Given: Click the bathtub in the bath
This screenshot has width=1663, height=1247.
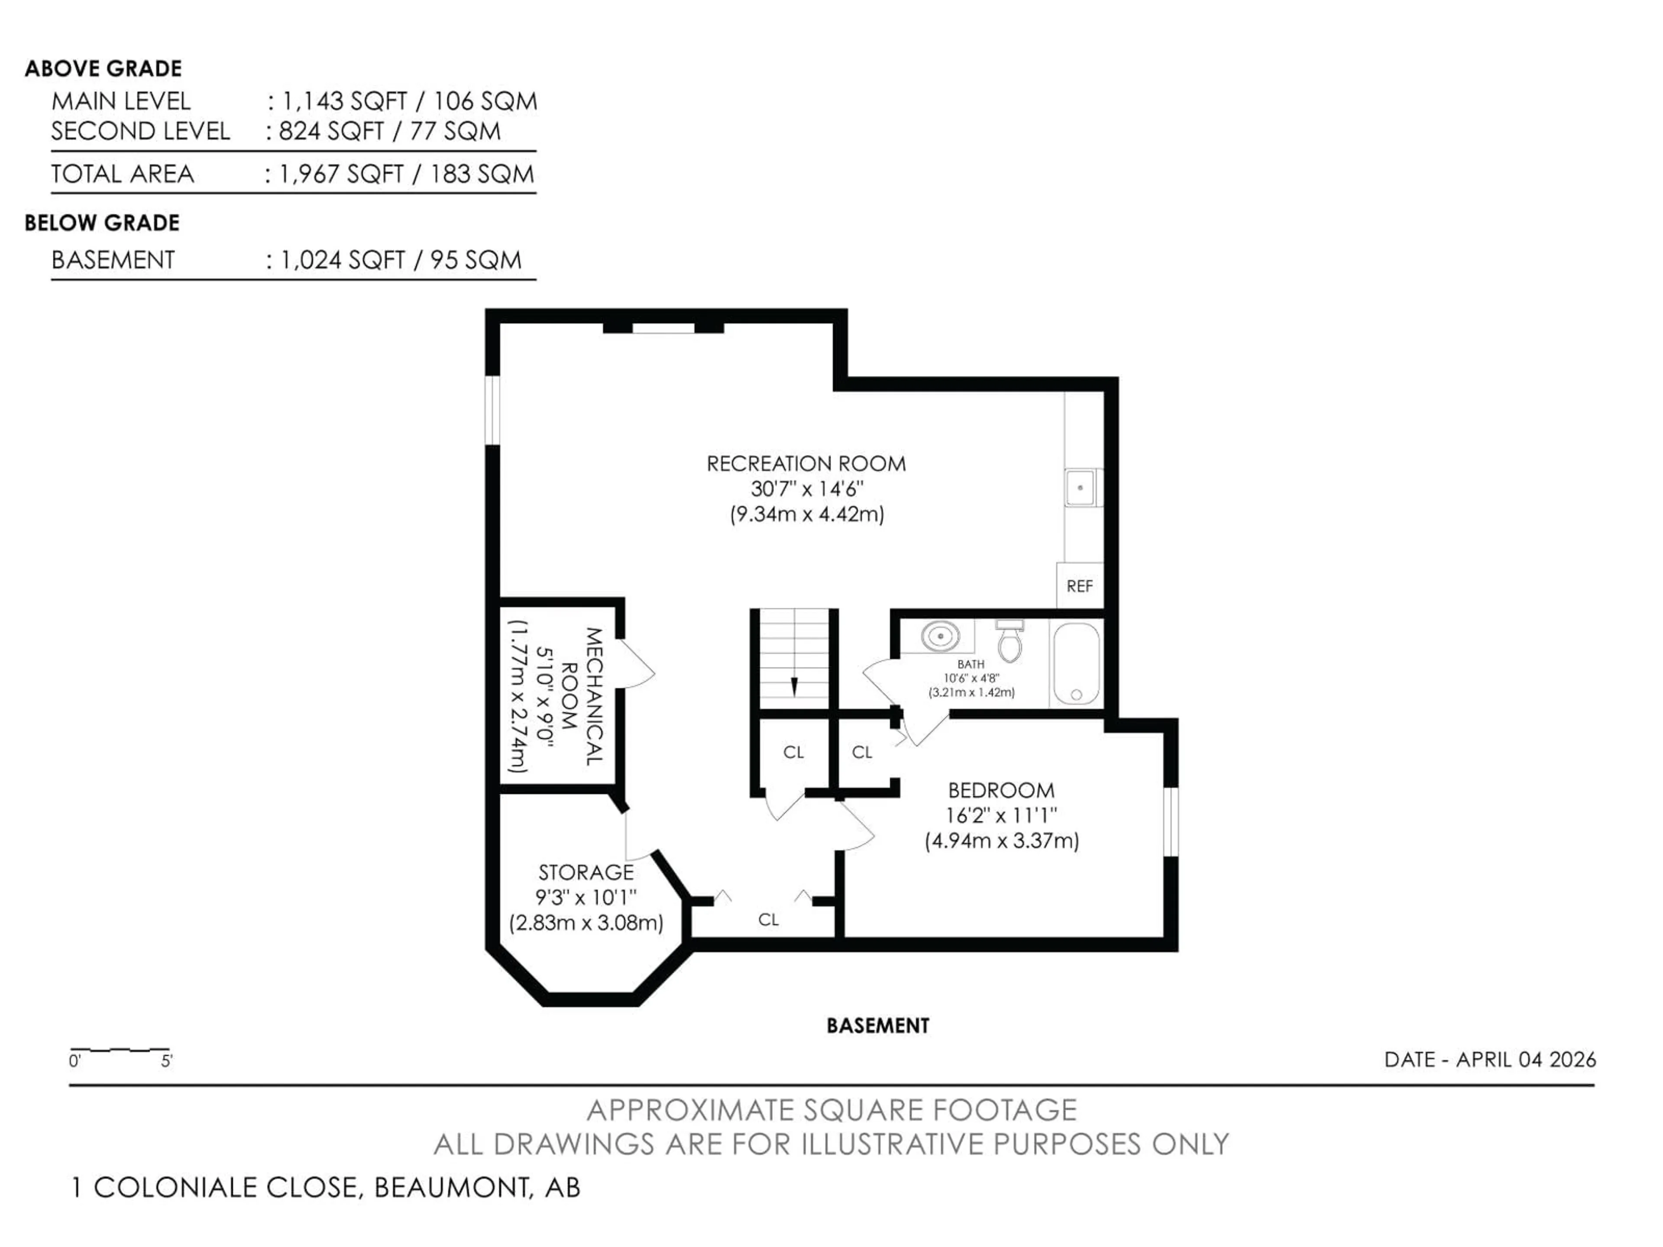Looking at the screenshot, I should pos(1076,663).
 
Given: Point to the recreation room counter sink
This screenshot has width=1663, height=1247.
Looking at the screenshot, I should pos(1081,487).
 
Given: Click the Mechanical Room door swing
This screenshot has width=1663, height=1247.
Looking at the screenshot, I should pos(637,663).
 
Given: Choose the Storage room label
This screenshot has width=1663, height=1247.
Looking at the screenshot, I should pos(586,872).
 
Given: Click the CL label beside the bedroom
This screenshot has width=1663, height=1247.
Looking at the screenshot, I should pos(861,752).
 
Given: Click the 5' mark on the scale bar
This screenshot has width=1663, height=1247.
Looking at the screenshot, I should pos(167,1060).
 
